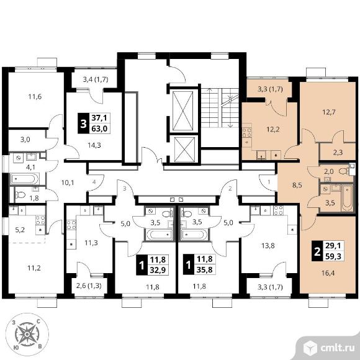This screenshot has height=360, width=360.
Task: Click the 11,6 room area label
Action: (x=35, y=97)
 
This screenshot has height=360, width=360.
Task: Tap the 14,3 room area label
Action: (x=94, y=145)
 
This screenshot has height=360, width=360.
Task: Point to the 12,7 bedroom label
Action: (x=328, y=112)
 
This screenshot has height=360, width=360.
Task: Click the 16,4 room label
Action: (x=328, y=273)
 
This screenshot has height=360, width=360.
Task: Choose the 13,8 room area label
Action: (x=268, y=246)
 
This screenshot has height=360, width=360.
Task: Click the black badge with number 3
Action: (x=83, y=124)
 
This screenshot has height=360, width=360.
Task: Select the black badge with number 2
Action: (x=317, y=251)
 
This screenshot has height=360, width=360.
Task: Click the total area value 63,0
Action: (x=99, y=128)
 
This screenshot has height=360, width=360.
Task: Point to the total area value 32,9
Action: (x=158, y=270)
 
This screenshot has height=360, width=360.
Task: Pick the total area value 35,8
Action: (x=205, y=270)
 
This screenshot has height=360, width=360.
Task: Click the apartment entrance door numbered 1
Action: (x=268, y=182)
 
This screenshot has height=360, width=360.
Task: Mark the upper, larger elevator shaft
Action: (x=182, y=111)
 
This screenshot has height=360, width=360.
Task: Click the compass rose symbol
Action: (x=27, y=335)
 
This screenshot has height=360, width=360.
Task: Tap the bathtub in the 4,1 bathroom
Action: (x=25, y=179)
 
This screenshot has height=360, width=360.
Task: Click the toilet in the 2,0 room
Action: (x=344, y=171)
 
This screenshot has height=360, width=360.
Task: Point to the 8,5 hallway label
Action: (x=297, y=186)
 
